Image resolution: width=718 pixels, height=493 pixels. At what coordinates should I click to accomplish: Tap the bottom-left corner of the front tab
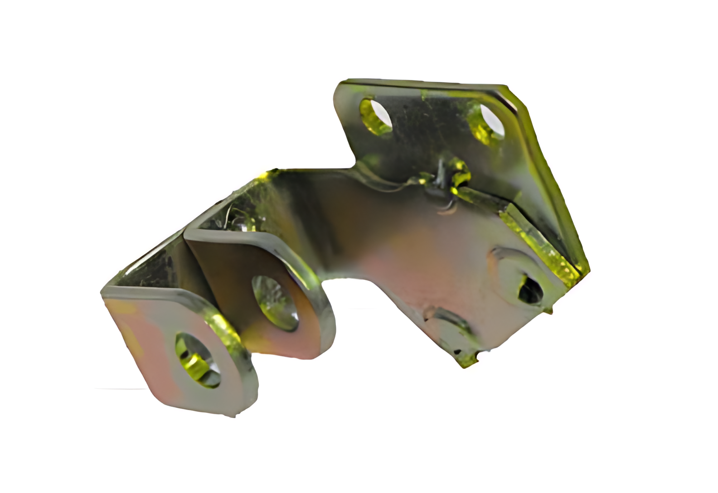point(156,399)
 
